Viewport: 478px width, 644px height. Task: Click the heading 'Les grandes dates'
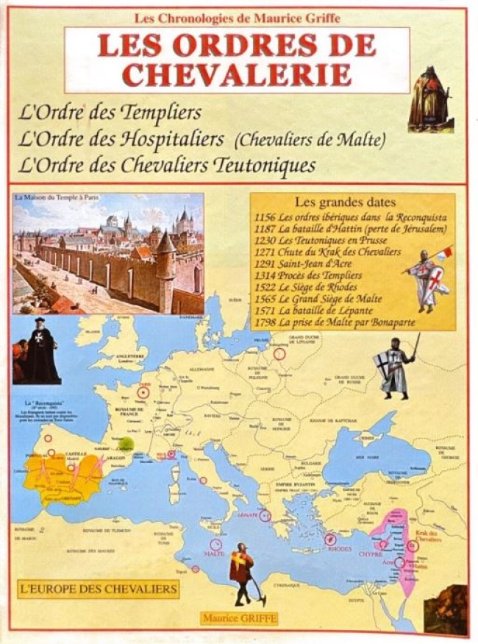345,201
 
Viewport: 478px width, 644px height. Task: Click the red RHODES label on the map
339,548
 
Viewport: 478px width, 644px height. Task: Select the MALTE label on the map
214,553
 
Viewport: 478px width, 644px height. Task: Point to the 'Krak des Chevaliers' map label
429,537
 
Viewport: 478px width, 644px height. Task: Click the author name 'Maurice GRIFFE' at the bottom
239,618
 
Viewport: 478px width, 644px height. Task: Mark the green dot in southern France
126,444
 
